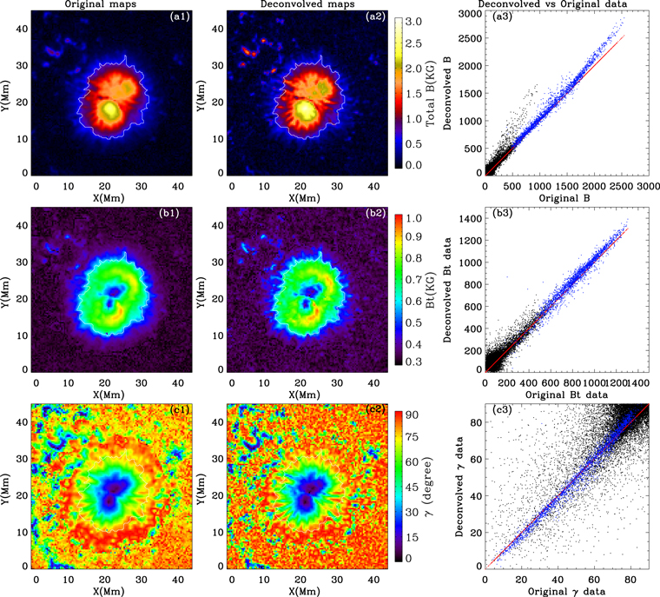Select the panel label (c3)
click(498, 411)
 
